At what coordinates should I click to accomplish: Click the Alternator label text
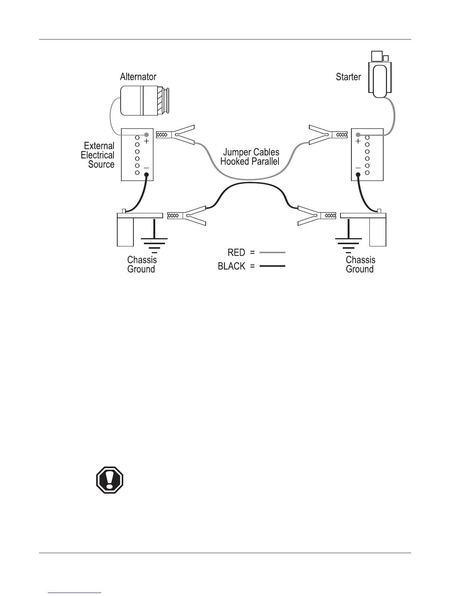138,77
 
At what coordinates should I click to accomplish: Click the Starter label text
348,77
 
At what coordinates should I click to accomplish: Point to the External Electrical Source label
98,155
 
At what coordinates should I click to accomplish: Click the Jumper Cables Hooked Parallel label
250,157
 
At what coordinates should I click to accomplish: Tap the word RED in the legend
236,252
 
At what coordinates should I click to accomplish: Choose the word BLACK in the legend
232,266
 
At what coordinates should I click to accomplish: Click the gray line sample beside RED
272,252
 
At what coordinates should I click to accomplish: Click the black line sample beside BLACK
272,266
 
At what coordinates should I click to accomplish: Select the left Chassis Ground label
142,265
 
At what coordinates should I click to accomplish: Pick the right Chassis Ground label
360,265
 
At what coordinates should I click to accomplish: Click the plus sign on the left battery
147,141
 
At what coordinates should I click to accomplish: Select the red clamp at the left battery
177,134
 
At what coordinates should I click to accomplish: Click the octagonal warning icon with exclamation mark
110,480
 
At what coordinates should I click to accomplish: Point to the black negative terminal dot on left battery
147,174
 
